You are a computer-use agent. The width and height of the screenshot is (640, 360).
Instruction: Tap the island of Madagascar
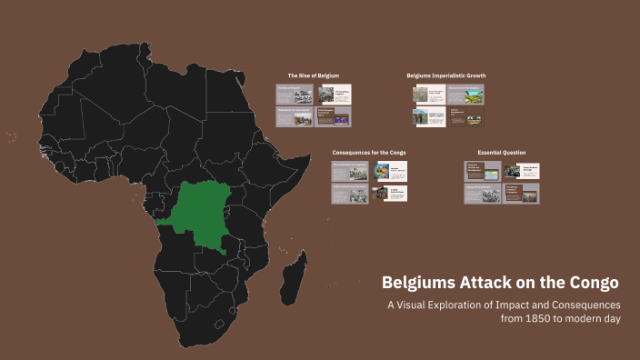click(x=295, y=273)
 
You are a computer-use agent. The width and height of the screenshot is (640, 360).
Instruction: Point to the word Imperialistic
click(x=445, y=75)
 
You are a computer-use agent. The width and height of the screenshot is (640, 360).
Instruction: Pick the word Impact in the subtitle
click(x=524, y=305)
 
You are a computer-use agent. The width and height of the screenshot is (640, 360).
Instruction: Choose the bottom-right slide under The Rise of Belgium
click(x=334, y=116)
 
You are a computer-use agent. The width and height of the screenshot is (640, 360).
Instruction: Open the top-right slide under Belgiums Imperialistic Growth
click(x=466, y=95)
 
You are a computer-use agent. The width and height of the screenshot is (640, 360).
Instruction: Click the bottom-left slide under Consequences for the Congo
click(x=350, y=193)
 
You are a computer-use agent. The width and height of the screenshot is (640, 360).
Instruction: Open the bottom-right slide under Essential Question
click(x=521, y=193)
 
